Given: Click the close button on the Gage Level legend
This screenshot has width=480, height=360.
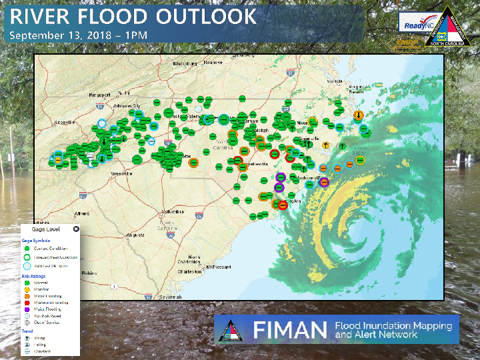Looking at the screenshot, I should [x=76, y=229].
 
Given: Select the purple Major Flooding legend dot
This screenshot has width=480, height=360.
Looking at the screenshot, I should [x=29, y=309].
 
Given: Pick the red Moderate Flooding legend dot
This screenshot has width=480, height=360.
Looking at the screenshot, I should [x=29, y=303].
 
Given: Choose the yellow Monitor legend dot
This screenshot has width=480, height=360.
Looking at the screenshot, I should [x=29, y=289].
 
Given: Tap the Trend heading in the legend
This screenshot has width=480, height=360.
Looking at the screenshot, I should [x=27, y=330].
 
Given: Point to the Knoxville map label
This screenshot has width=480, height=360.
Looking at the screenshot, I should [x=64, y=122].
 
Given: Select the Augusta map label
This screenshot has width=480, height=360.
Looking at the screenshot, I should [x=135, y=235].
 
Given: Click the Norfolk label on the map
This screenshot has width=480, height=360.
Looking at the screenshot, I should [x=335, y=81].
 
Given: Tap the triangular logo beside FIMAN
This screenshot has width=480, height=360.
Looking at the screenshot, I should [x=233, y=329].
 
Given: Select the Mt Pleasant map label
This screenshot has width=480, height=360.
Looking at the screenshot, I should [x=217, y=267].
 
